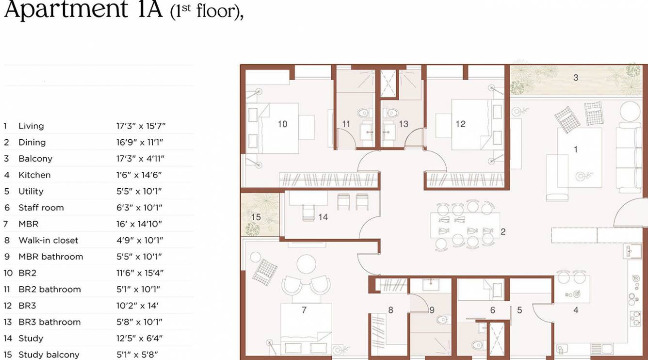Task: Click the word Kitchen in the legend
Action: pyautogui.click(x=34, y=175)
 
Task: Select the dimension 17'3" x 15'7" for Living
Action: pyautogui.click(x=141, y=126)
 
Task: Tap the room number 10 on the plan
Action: pyautogui.click(x=282, y=124)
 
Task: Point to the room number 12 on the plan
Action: pyautogui.click(x=460, y=124)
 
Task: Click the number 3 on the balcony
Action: pyautogui.click(x=576, y=78)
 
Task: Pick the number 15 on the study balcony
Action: pyautogui.click(x=256, y=217)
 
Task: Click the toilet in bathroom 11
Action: pyautogui.click(x=363, y=114)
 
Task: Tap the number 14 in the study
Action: pyautogui.click(x=323, y=217)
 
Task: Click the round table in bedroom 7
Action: pyautogui.click(x=306, y=264)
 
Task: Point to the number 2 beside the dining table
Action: pyautogui.click(x=503, y=232)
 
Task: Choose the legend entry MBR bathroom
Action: pyautogui.click(x=50, y=257)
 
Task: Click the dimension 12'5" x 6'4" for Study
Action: pyautogui.click(x=139, y=338)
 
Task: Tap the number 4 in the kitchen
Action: pyautogui.click(x=576, y=310)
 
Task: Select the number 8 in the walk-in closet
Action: pyautogui.click(x=390, y=310)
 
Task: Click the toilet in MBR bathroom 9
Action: pyautogui.click(x=443, y=320)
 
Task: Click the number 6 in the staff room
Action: pyautogui.click(x=492, y=310)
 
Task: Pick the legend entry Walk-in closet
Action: pyautogui.click(x=48, y=240)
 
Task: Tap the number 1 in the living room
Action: pyautogui.click(x=576, y=149)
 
